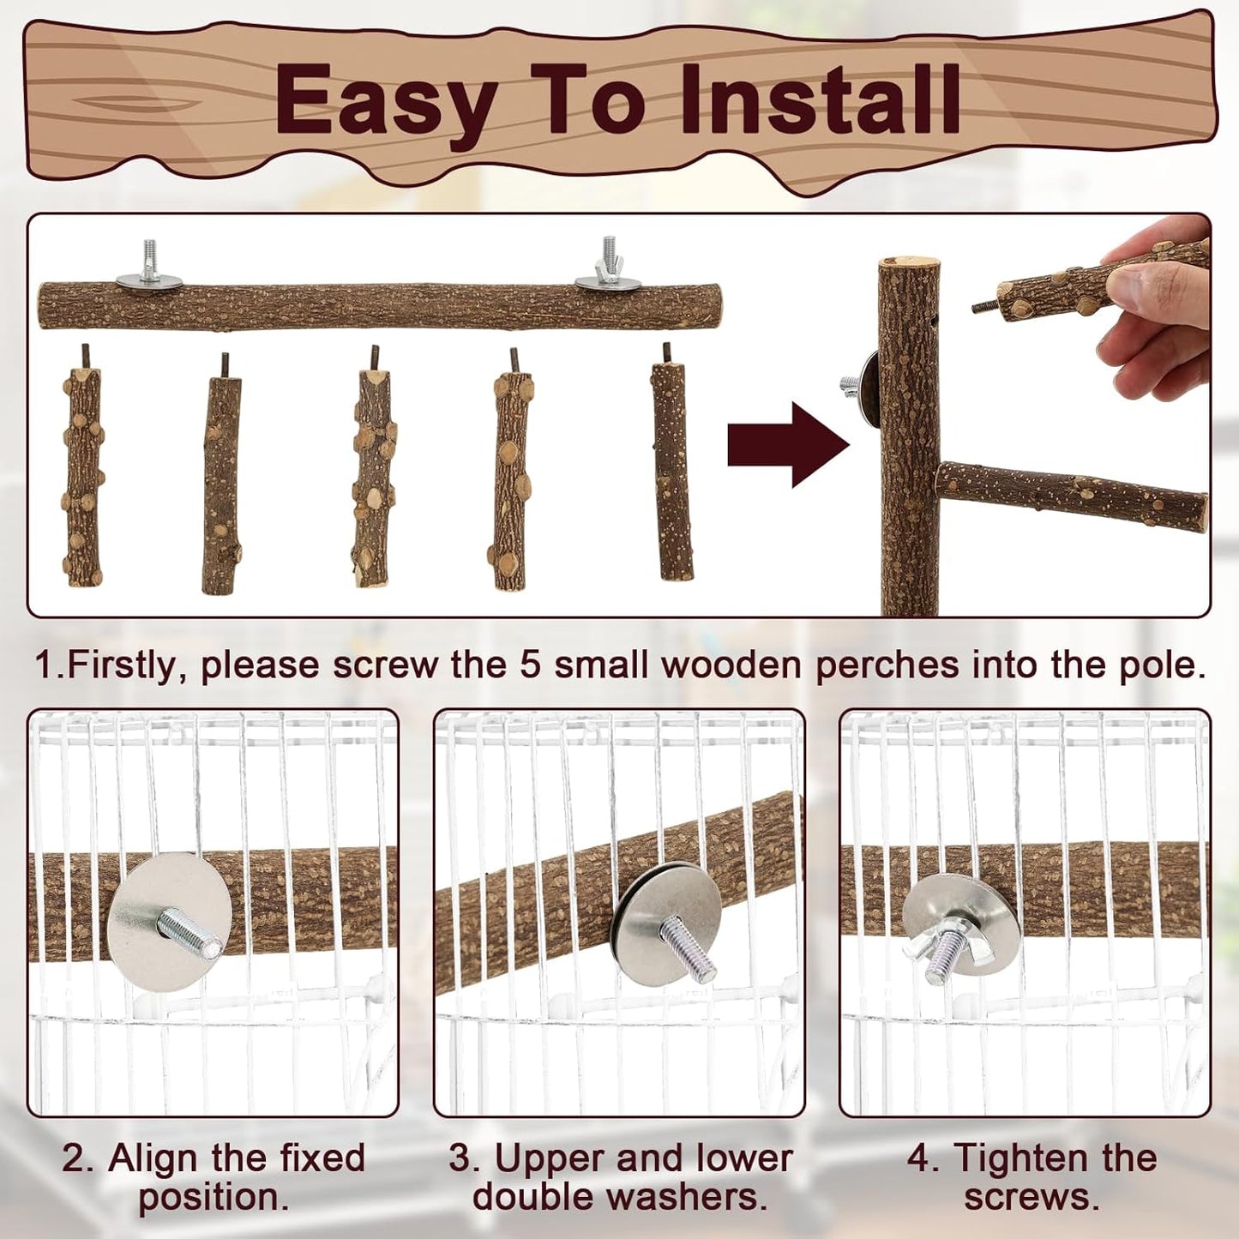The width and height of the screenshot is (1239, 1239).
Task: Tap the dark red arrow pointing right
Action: (787, 445)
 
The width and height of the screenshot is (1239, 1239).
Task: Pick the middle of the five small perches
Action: (374, 477)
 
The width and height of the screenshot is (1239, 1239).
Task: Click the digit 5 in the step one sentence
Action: (531, 665)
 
